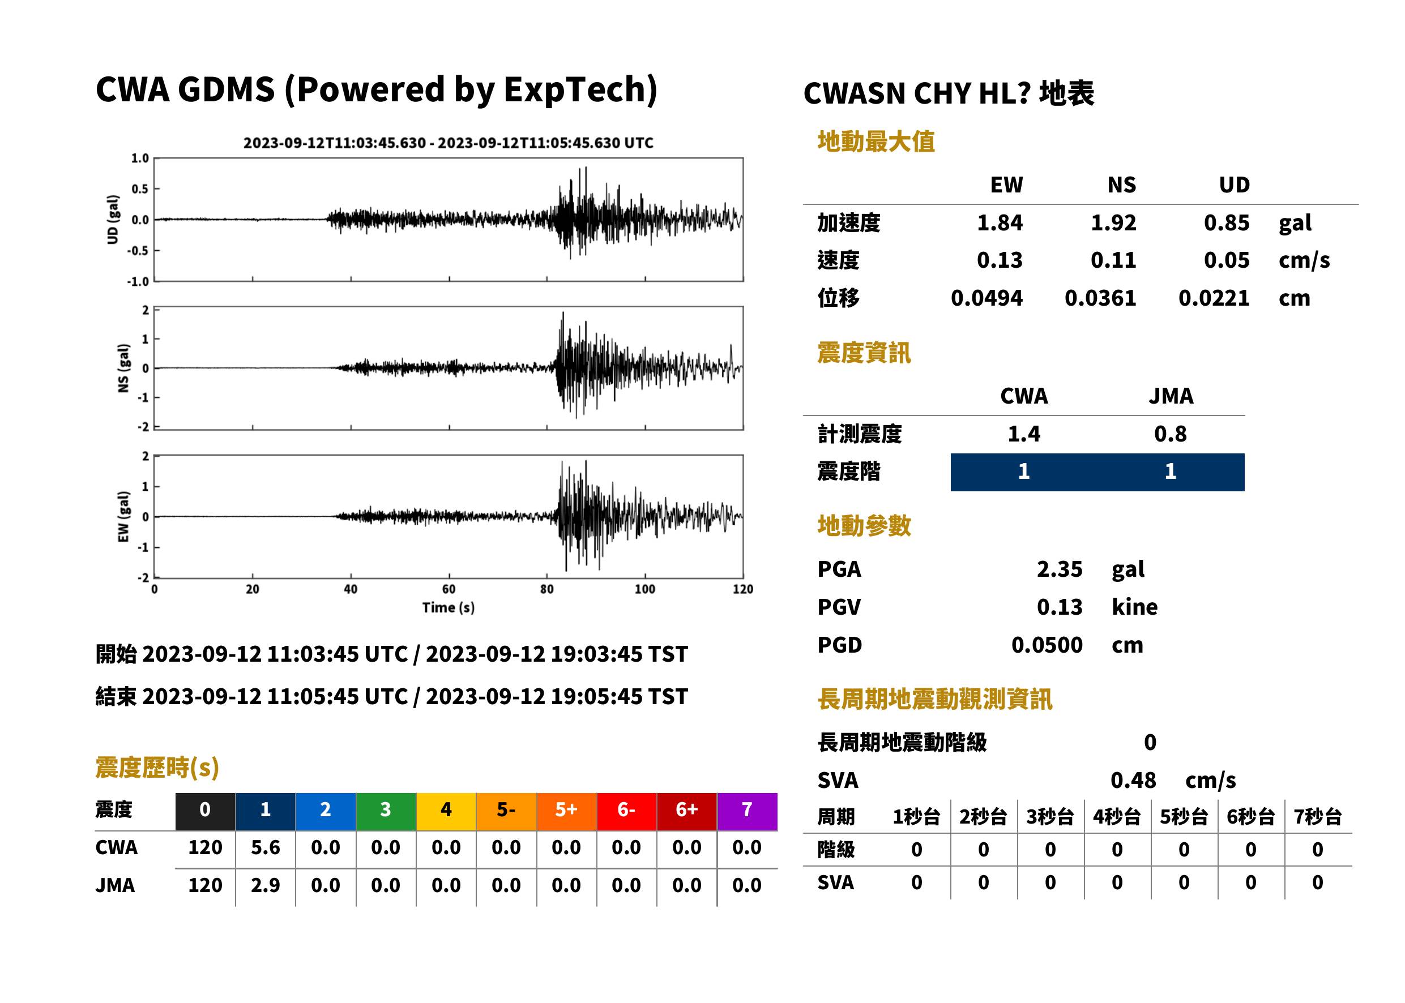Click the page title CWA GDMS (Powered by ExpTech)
[376, 90]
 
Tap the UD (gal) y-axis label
[113, 219]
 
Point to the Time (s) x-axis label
[448, 607]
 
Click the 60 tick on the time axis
[449, 589]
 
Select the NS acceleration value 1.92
[1113, 223]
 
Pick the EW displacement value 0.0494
[986, 298]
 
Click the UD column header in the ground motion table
[1234, 185]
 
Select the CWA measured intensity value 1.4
[1023, 434]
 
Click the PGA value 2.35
[1059, 569]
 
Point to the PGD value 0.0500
[1047, 645]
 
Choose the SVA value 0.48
[1133, 780]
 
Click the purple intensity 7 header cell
[747, 811]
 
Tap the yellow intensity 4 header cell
[446, 811]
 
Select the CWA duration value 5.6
[265, 847]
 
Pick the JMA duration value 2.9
[265, 885]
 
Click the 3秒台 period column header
[1050, 816]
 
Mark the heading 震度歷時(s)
[157, 767]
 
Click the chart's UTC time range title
[448, 143]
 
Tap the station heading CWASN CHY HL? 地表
[949, 94]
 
